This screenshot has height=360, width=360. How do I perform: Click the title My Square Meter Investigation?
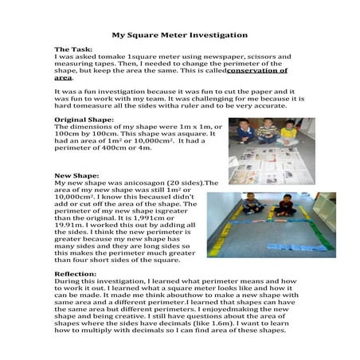point(179,35)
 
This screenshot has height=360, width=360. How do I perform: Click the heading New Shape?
point(76,174)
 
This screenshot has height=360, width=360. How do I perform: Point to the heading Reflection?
point(76,274)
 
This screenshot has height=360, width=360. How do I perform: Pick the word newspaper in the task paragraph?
point(205,57)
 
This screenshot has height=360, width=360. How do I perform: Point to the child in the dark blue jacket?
point(246,131)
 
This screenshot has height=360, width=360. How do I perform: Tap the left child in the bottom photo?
point(252,205)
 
